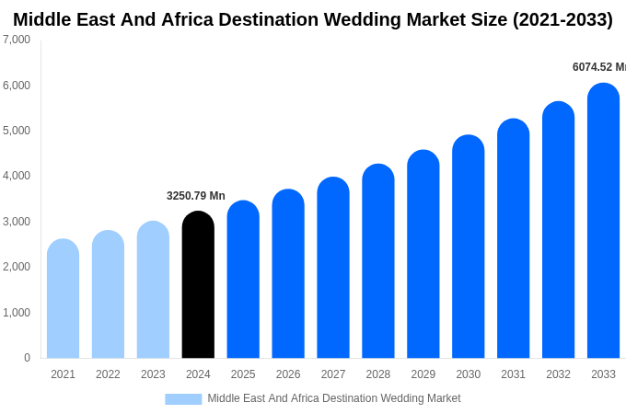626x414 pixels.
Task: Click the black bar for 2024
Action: pos(198,285)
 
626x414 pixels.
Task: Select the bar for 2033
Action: pos(603,221)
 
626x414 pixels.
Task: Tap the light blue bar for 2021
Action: pos(63,299)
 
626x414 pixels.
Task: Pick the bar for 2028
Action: pos(378,261)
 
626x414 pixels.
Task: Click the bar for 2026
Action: pos(288,274)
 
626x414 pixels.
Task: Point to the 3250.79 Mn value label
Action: pos(196,196)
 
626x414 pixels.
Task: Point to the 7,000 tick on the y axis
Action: pos(17,40)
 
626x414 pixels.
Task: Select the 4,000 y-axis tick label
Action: pos(17,176)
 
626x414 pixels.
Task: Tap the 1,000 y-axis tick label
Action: pos(17,313)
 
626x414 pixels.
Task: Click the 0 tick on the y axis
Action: pos(27,358)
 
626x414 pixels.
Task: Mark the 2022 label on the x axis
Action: pos(108,374)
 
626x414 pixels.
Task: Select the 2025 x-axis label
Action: pos(243,374)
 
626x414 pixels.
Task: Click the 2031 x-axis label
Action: pos(513,374)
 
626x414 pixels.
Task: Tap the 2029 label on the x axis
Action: pos(423,374)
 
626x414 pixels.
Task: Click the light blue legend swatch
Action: pos(183,399)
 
